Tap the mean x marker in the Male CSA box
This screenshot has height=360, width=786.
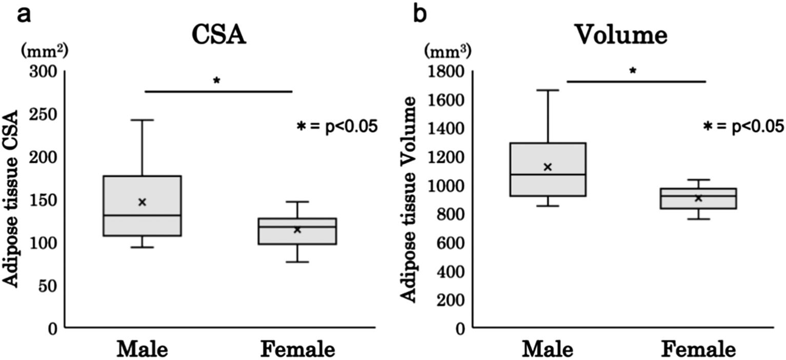coord(142,202)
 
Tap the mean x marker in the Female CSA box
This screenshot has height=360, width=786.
coord(297,229)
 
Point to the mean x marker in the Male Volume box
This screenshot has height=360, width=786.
coord(548,167)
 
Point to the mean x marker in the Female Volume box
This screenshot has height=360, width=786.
coord(698,198)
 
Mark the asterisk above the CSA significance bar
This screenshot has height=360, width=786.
coord(216,81)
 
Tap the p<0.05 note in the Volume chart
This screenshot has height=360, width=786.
coord(743,126)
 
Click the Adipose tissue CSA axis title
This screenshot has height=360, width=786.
coord(13,199)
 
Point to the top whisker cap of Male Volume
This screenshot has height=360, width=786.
coord(548,90)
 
